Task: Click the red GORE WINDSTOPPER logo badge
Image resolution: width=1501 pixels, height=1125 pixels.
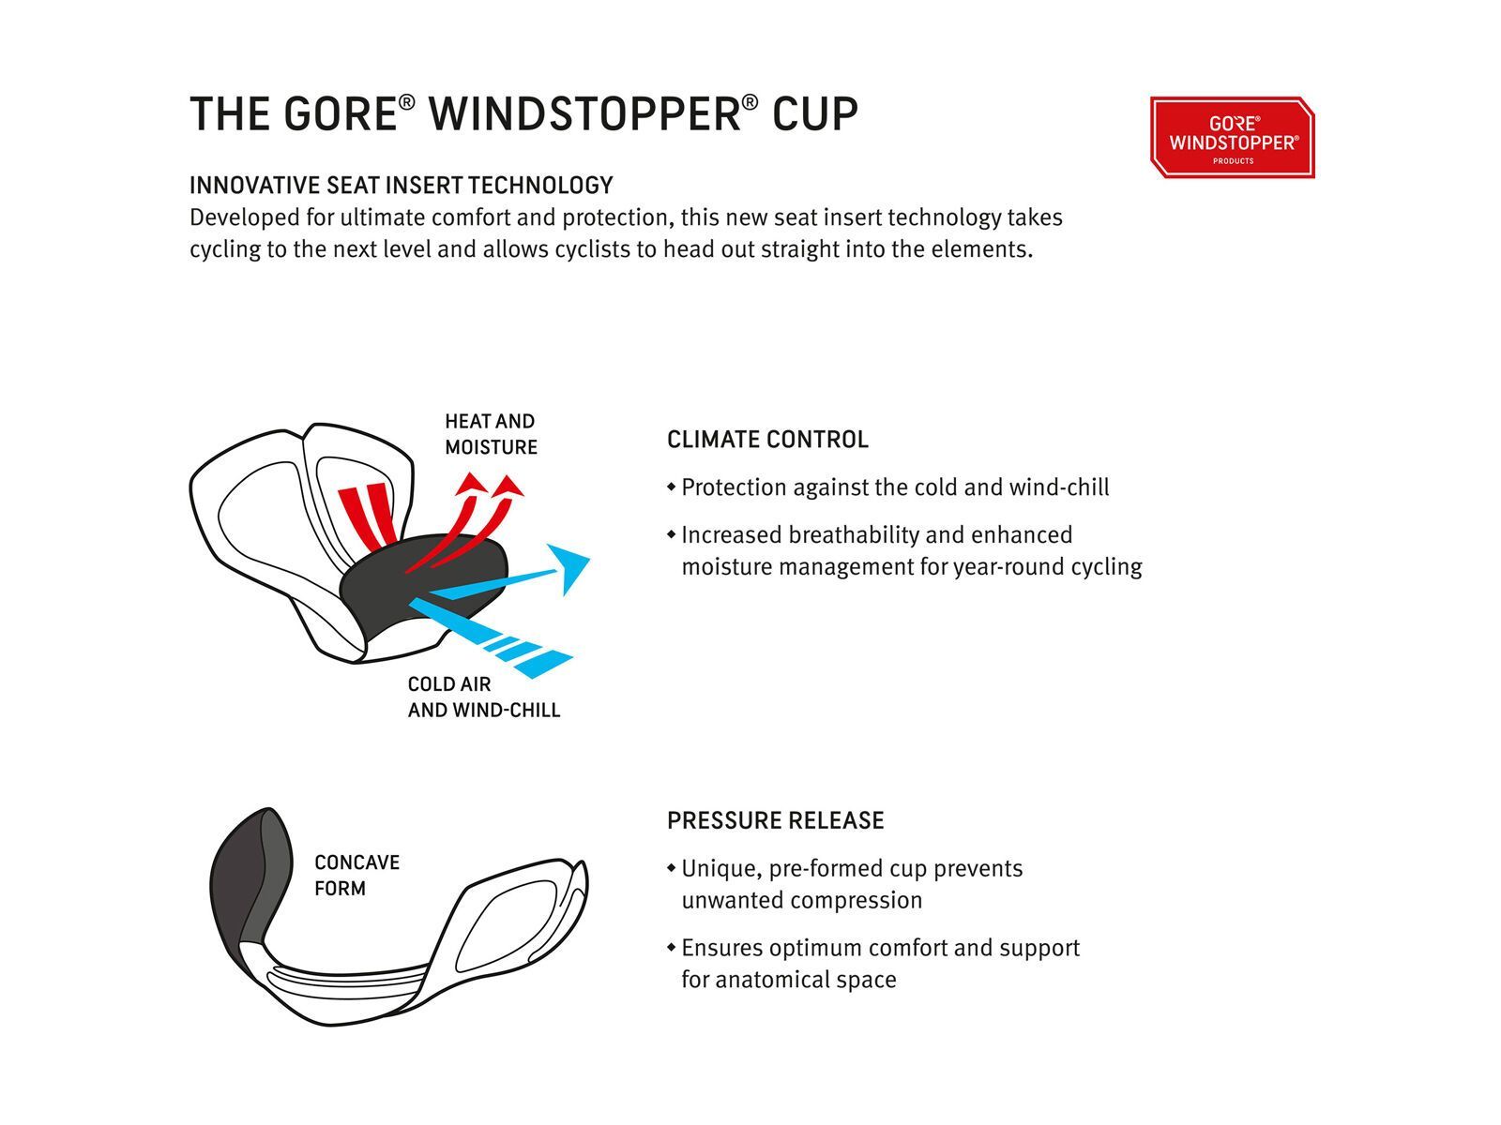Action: click(x=1232, y=137)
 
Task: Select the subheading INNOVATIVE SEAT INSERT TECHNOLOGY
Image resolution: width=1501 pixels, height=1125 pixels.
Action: click(x=401, y=185)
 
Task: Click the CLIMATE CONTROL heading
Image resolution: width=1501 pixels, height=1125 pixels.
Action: click(x=767, y=439)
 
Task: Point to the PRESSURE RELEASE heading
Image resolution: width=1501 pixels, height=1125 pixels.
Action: click(x=776, y=820)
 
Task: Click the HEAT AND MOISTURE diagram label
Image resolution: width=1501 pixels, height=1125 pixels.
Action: click(x=491, y=434)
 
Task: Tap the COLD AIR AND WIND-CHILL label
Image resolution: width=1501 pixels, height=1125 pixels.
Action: click(x=483, y=697)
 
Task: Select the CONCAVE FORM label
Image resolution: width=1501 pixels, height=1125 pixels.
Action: click(x=357, y=875)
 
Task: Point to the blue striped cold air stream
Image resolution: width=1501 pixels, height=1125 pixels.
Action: click(x=489, y=637)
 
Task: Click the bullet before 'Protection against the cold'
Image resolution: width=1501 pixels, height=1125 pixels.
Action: click(x=672, y=487)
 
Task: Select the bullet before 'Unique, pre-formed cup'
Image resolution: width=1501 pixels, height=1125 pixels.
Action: click(x=672, y=868)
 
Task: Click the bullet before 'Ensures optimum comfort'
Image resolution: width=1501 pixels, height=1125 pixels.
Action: click(x=672, y=948)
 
